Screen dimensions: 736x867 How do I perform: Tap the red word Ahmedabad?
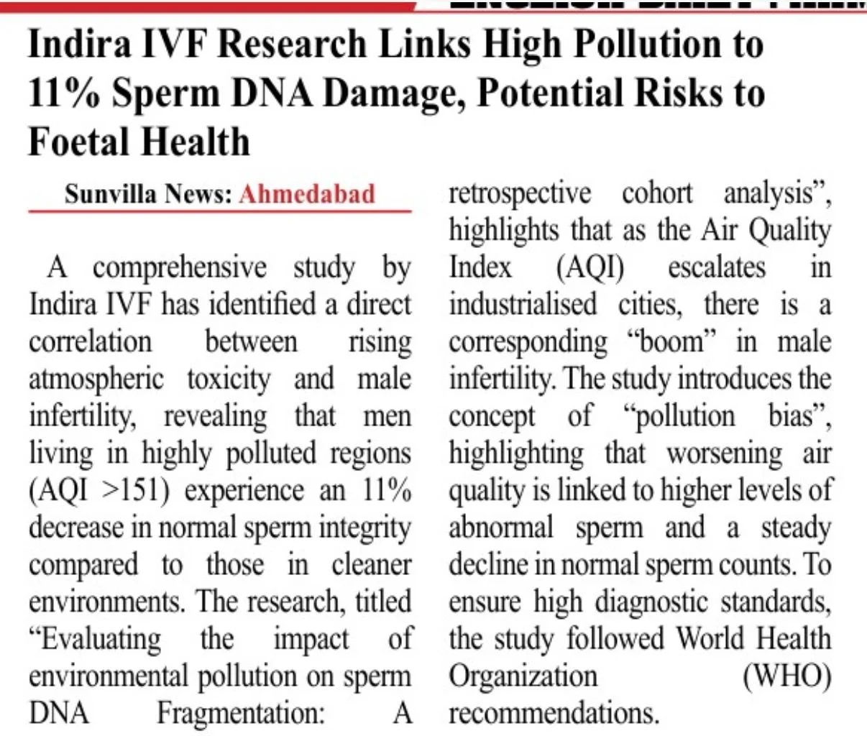point(307,194)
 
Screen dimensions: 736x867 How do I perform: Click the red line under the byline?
point(219,212)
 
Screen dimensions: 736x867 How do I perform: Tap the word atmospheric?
point(96,379)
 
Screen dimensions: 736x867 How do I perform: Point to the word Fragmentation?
point(242,714)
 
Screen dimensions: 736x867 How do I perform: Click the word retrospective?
point(519,194)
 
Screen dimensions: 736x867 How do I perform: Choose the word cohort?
point(657,194)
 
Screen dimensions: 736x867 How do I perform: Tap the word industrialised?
point(523,305)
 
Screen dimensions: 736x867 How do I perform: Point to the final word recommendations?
point(553,714)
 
